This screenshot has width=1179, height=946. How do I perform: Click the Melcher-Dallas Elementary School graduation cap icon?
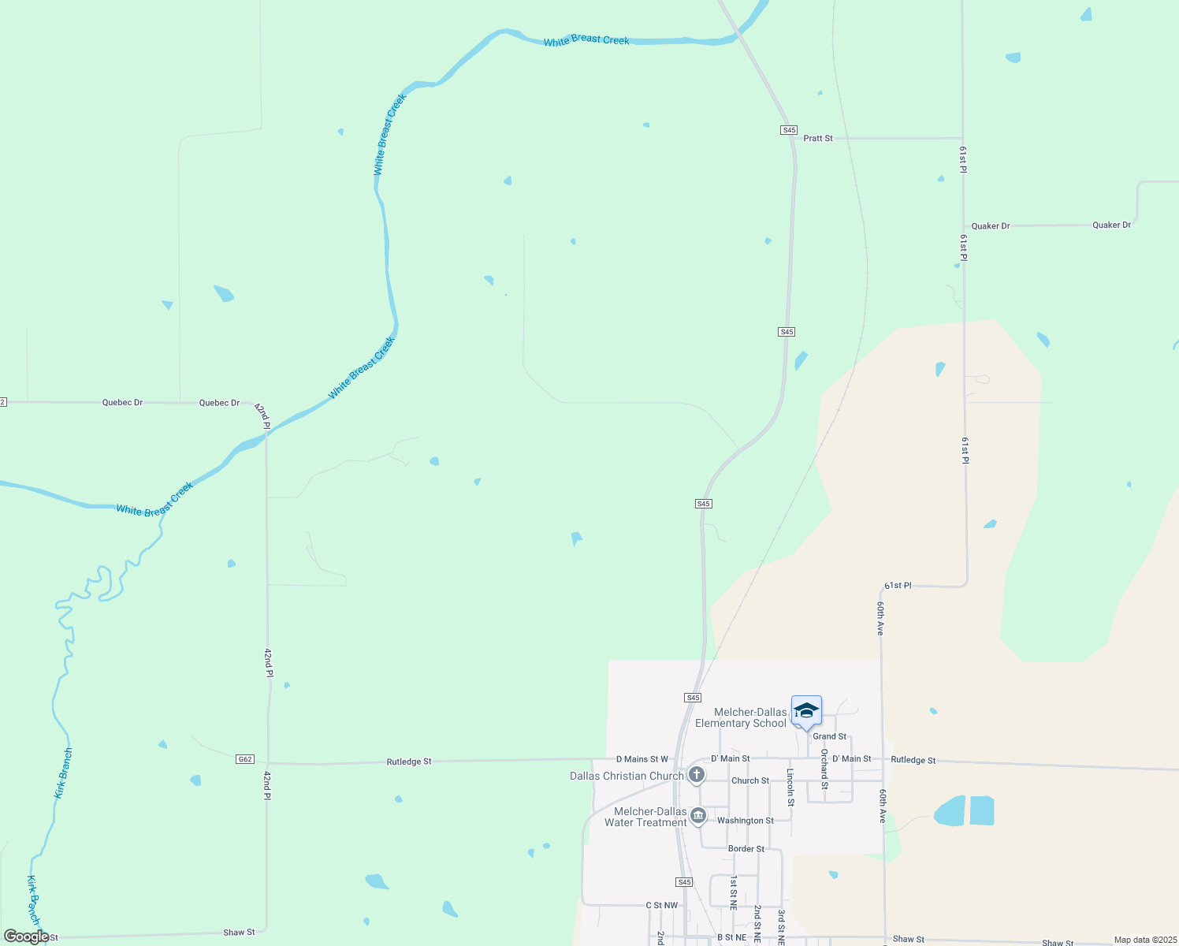pyautogui.click(x=806, y=711)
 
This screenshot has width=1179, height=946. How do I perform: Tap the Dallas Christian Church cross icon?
pyautogui.click(x=697, y=775)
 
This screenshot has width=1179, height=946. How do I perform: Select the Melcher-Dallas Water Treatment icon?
pyautogui.click(x=697, y=816)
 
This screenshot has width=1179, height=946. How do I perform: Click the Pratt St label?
pyautogui.click(x=818, y=138)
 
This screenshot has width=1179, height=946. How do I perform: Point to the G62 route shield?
pyautogui.click(x=245, y=759)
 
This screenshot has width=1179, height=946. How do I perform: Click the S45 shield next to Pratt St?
pyautogui.click(x=789, y=130)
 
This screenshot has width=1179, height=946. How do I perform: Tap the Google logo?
pyautogui.click(x=26, y=937)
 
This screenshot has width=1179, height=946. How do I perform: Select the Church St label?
pyautogui.click(x=750, y=780)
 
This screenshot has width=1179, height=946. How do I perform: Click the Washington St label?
pyautogui.click(x=746, y=821)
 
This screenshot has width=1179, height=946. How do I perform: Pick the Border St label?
pyautogui.click(x=746, y=849)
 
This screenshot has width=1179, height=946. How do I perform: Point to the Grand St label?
pyautogui.click(x=830, y=736)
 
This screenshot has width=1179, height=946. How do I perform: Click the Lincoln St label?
pyautogui.click(x=790, y=787)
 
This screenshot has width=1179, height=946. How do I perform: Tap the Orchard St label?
pyautogui.click(x=824, y=769)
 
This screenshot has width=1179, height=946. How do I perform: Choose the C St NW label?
pyautogui.click(x=662, y=906)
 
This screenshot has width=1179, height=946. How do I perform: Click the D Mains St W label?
pyautogui.click(x=642, y=759)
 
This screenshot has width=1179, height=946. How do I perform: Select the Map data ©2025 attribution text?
pyautogui.click(x=1145, y=940)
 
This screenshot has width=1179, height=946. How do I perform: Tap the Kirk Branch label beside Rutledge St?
pyautogui.click(x=63, y=773)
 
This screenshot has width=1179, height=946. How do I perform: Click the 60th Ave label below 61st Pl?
pyautogui.click(x=880, y=618)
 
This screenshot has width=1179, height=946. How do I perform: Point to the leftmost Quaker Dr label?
pyautogui.click(x=991, y=226)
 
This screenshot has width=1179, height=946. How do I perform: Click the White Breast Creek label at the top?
pyautogui.click(x=586, y=40)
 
